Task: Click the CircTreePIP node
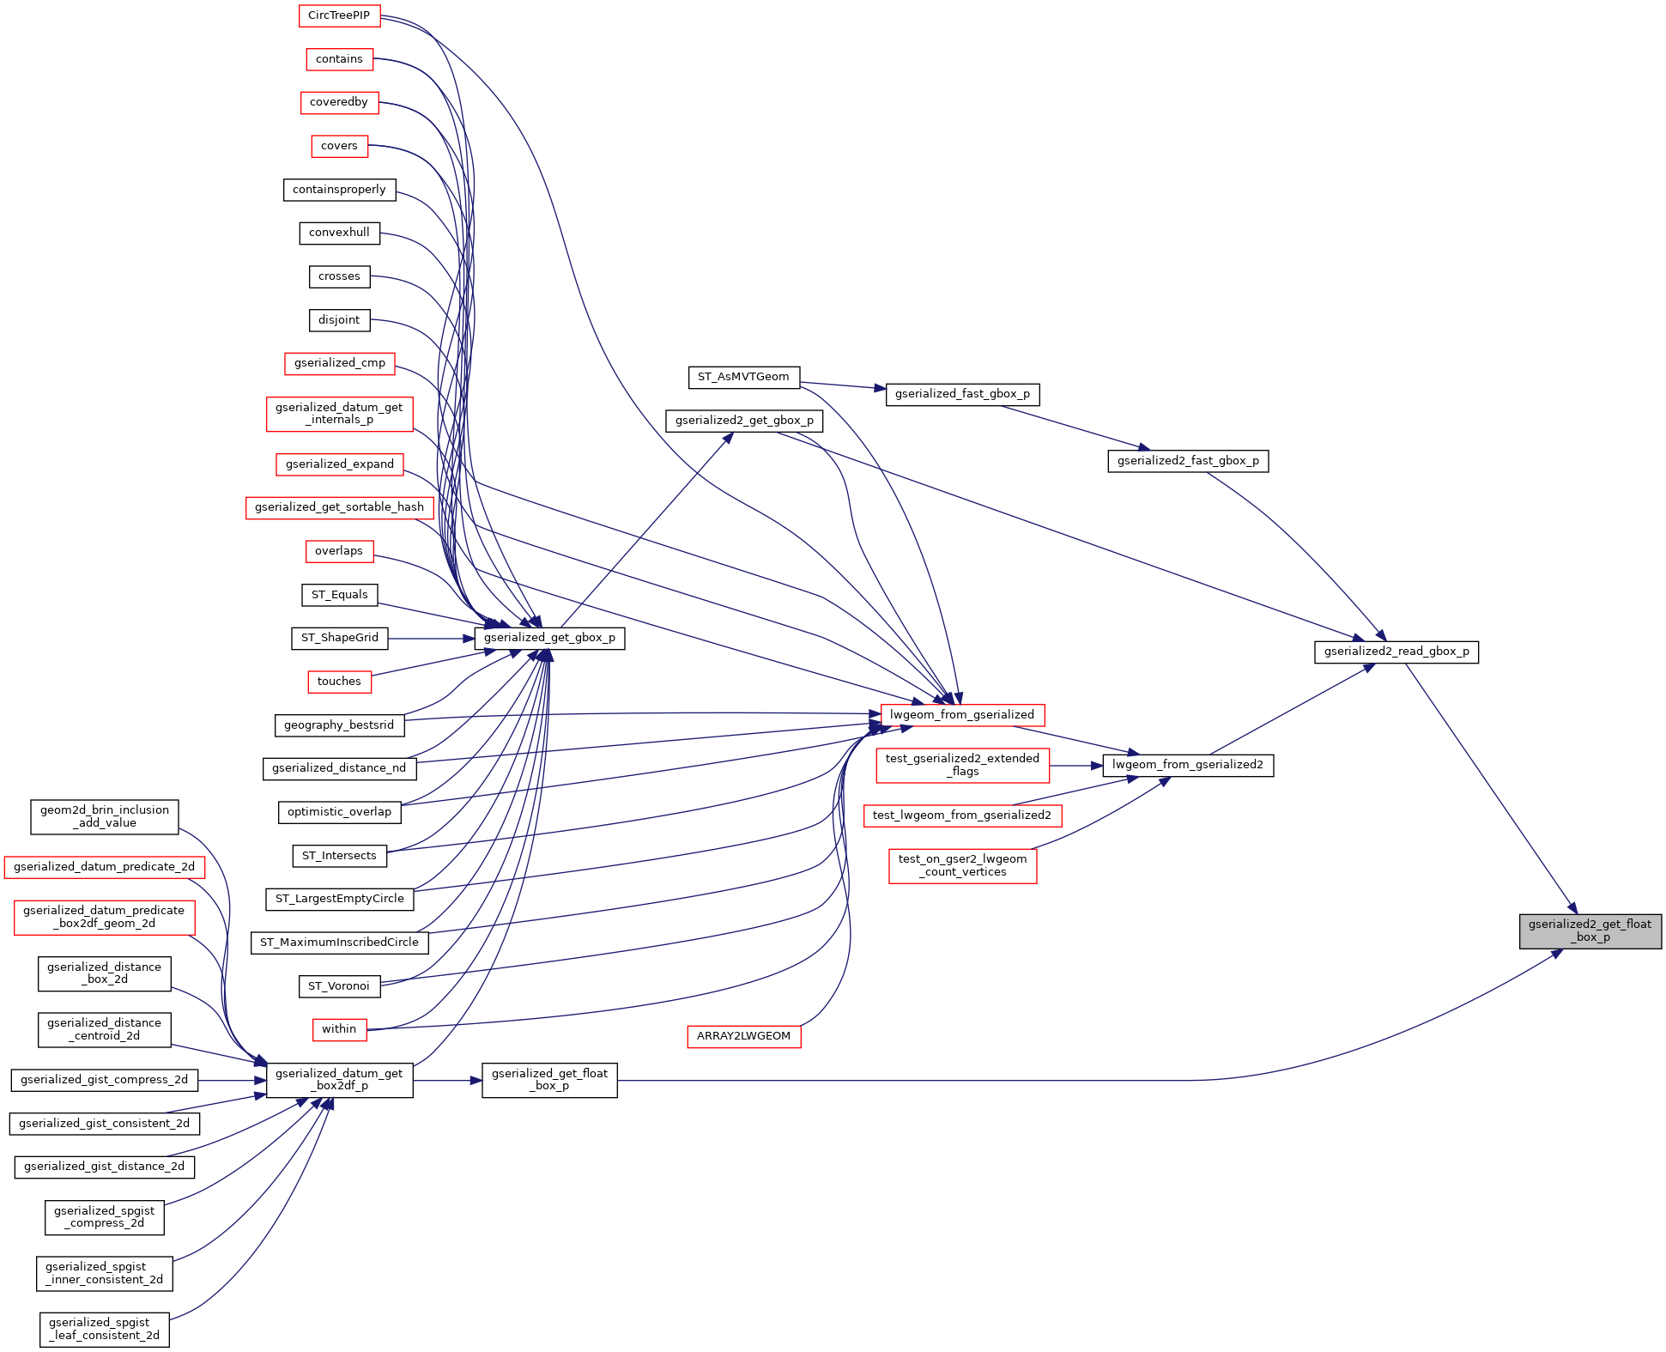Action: click(339, 15)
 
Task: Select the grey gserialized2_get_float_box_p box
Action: click(1590, 931)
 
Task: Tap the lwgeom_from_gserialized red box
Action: click(962, 714)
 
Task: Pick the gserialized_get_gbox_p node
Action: click(549, 638)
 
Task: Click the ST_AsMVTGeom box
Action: click(743, 377)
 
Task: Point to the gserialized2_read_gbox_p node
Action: click(1396, 652)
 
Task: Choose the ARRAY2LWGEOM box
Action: click(743, 1036)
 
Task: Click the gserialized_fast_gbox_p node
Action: click(962, 394)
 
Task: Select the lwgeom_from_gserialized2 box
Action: click(1188, 765)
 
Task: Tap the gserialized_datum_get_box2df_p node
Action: click(339, 1080)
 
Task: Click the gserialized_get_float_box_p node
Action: click(549, 1080)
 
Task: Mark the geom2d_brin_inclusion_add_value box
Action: click(105, 816)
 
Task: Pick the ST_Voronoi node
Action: click(339, 986)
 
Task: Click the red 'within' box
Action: click(339, 1029)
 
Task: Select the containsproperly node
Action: click(339, 190)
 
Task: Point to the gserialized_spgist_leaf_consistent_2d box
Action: click(105, 1329)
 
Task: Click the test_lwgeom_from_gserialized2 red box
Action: click(962, 815)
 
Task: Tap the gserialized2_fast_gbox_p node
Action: click(1188, 461)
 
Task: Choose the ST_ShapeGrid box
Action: click(339, 638)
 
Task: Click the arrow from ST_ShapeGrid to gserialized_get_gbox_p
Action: click(431, 639)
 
